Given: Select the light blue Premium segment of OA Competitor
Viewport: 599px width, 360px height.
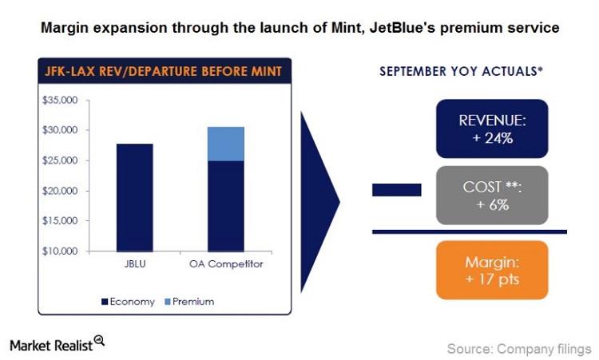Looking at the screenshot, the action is pos(226,144).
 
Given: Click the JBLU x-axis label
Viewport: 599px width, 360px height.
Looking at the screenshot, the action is pos(135,264).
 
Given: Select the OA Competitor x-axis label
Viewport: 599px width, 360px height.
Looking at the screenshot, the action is pos(226,264).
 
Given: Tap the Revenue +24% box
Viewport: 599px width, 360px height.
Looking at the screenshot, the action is pos(491,129).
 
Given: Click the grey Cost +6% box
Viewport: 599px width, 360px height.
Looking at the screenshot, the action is pos(491,195).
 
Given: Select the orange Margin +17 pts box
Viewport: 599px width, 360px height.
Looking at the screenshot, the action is pos(491,270).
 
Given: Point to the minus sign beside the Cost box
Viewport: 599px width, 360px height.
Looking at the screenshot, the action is pos(397,190).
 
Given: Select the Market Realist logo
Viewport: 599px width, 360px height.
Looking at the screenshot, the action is pos(57,344).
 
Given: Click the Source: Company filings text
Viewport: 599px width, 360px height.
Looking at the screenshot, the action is pos(519,348).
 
